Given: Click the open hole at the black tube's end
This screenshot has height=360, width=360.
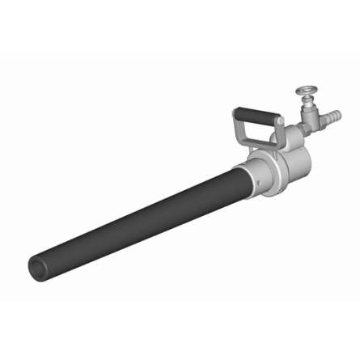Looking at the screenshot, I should [x=36, y=266].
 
